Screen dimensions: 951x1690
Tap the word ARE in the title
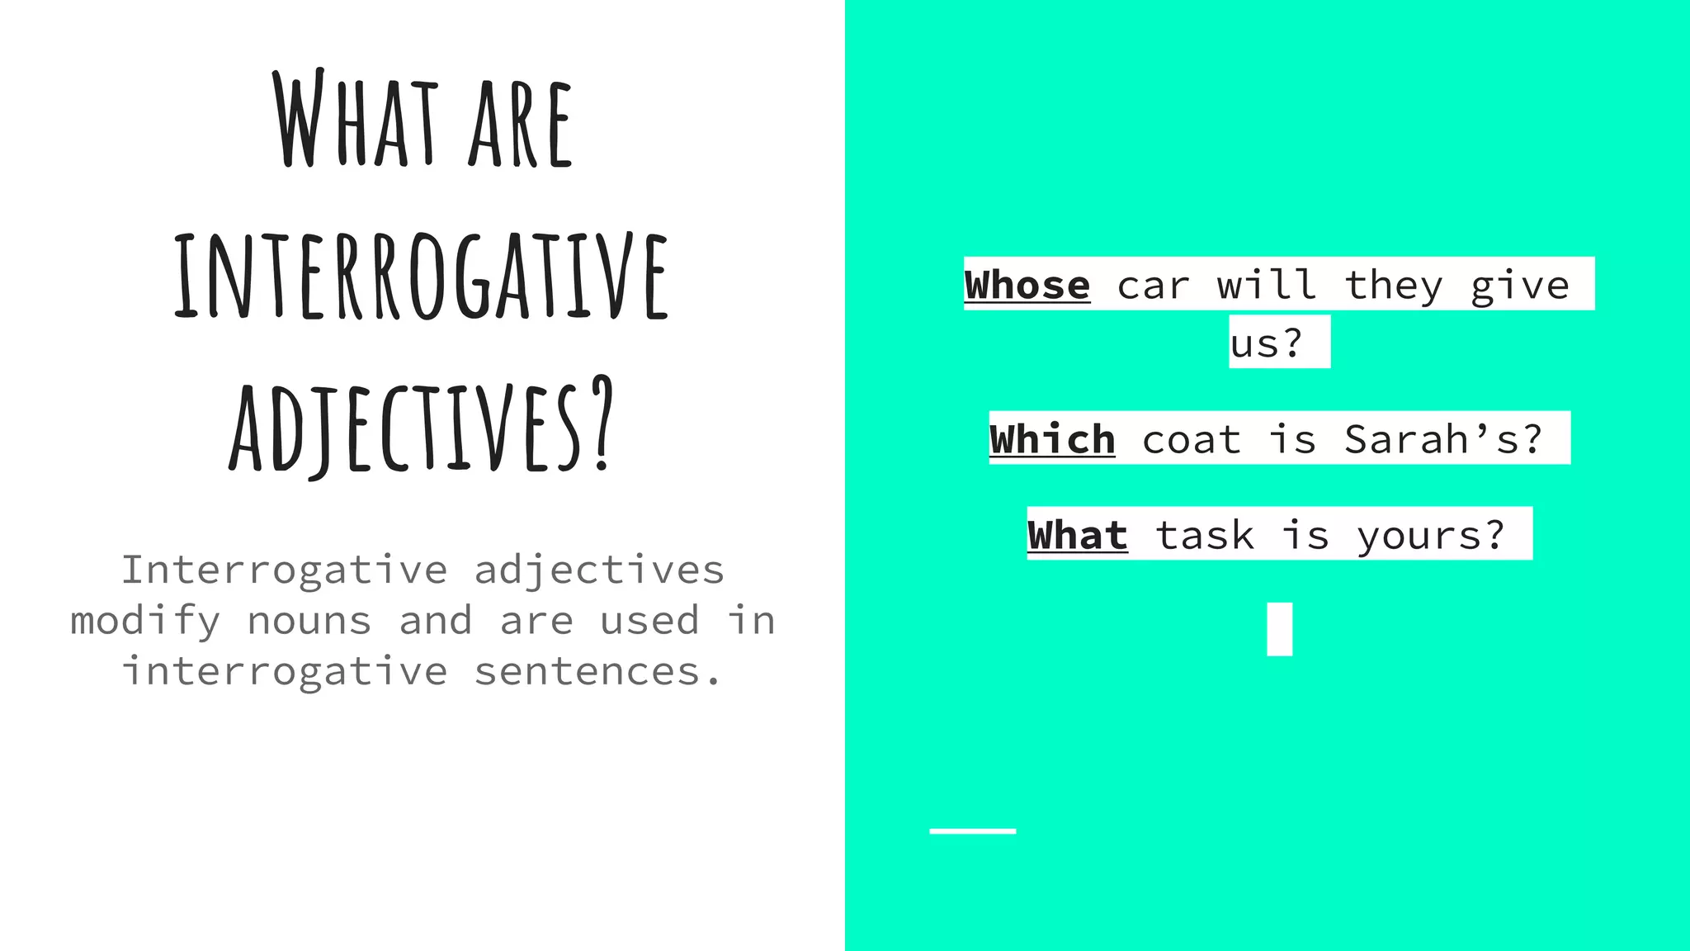click(520, 124)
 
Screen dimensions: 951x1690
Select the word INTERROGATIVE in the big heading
click(421, 277)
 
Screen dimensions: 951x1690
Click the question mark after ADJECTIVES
click(603, 423)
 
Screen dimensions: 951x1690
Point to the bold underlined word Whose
click(1027, 286)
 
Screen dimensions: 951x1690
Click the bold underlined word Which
click(1052, 439)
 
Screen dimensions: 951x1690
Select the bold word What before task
click(1077, 535)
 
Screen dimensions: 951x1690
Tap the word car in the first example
click(1154, 286)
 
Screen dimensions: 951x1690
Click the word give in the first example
click(1519, 286)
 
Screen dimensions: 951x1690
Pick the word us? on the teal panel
click(1267, 343)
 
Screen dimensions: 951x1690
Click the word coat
click(1192, 439)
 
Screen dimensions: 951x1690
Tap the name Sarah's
click(1443, 439)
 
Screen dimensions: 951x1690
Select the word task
click(1205, 535)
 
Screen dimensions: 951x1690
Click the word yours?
click(1432, 535)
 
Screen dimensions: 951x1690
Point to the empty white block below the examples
click(1279, 629)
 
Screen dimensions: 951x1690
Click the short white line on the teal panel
click(972, 830)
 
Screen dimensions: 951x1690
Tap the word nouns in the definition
click(309, 621)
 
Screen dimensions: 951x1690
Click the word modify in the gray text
click(145, 621)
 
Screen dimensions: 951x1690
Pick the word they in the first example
click(1394, 286)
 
